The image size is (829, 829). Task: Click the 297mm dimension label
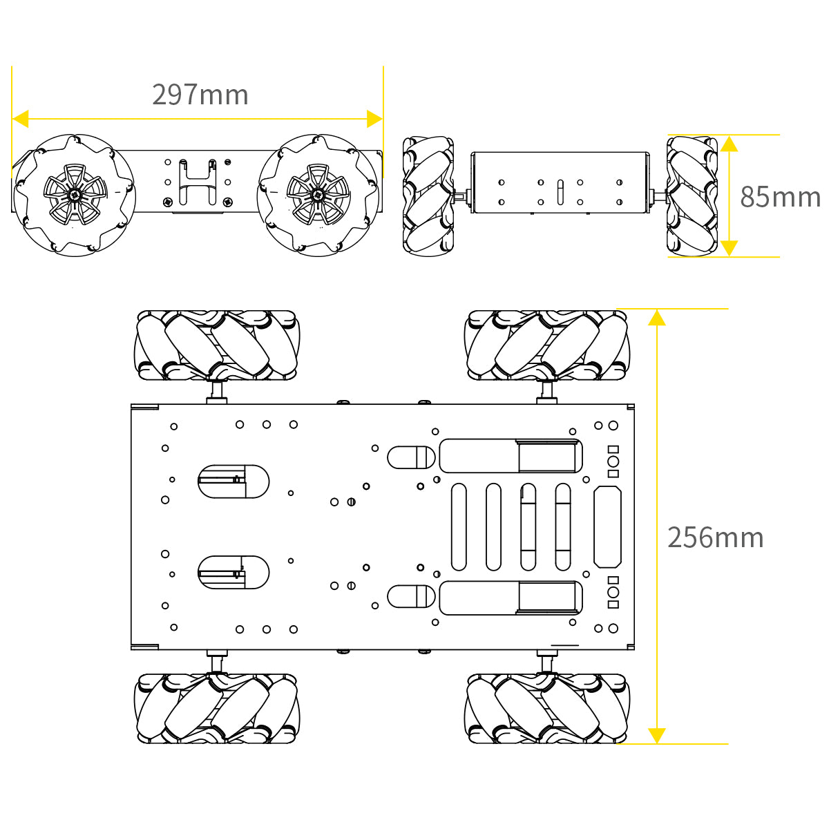[x=200, y=95]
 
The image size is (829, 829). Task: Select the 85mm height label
[x=780, y=197]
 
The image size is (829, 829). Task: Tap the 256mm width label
[x=715, y=537]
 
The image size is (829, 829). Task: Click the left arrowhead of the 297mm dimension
[x=20, y=119]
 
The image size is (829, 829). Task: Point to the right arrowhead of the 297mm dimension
[x=374, y=119]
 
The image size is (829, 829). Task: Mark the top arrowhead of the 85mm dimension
[x=729, y=144]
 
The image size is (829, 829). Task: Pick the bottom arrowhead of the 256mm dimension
[x=657, y=735]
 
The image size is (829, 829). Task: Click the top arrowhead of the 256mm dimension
[x=657, y=318]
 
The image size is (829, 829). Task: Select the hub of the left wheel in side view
[x=75, y=195]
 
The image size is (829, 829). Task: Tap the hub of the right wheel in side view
[x=318, y=195]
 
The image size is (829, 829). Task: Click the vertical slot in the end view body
[x=560, y=193]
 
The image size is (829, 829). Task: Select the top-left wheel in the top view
[x=216, y=345]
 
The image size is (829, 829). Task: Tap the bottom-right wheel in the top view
[x=547, y=708]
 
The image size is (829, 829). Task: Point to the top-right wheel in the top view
[x=547, y=345]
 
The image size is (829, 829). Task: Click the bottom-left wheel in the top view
[x=216, y=708]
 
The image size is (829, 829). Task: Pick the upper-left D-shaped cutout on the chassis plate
[x=234, y=481]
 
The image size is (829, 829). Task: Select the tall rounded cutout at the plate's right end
[x=607, y=526]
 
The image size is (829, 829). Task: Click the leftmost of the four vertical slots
[x=459, y=526]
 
